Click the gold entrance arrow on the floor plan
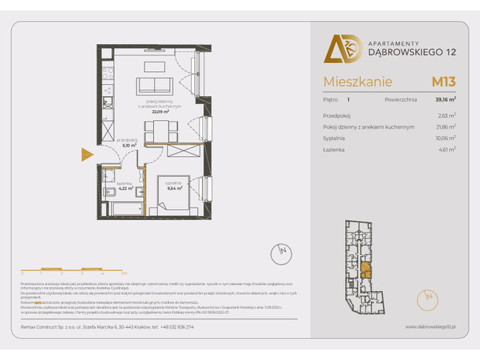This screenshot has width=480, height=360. pyautogui.click(x=87, y=154)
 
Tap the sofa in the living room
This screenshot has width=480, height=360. pyautogui.click(x=154, y=84)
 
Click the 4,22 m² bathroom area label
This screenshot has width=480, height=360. pyautogui.click(x=124, y=187)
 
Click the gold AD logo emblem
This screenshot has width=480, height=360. pyautogui.click(x=338, y=49)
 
